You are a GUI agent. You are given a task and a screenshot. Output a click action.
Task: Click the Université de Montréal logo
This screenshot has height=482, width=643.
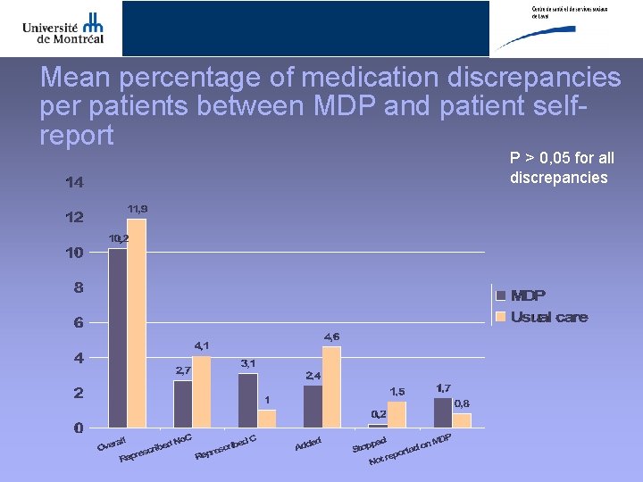(63, 28)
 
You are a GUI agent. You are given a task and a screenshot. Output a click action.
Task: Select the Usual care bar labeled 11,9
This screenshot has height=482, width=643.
(137, 322)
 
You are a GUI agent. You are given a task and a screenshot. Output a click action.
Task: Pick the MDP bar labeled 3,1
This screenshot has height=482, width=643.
(247, 400)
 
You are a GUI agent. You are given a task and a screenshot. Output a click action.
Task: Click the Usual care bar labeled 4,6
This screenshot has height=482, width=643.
(331, 386)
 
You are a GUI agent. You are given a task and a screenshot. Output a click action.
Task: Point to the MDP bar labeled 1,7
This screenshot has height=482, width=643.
(443, 411)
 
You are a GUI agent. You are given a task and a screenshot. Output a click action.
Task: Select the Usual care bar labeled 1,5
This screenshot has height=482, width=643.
(397, 413)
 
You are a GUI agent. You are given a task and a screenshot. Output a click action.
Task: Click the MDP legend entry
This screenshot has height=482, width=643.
(527, 295)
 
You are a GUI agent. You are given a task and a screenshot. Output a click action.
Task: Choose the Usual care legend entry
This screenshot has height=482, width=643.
(547, 317)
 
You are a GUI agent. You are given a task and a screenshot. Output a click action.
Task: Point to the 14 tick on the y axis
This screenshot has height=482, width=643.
(74, 183)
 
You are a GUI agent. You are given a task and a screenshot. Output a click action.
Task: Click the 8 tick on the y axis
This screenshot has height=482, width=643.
(79, 287)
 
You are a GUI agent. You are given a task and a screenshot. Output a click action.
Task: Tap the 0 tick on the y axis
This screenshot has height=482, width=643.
(79, 428)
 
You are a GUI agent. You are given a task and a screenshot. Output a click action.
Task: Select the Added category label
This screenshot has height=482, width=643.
(308, 442)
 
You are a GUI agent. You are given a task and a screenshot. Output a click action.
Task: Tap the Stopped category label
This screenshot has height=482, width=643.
(369, 444)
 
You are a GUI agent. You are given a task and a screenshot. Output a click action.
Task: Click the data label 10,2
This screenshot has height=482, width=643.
(119, 238)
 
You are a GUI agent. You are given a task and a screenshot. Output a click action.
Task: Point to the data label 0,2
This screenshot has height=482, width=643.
(379, 414)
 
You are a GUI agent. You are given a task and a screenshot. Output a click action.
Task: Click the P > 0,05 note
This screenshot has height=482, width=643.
(562, 168)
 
